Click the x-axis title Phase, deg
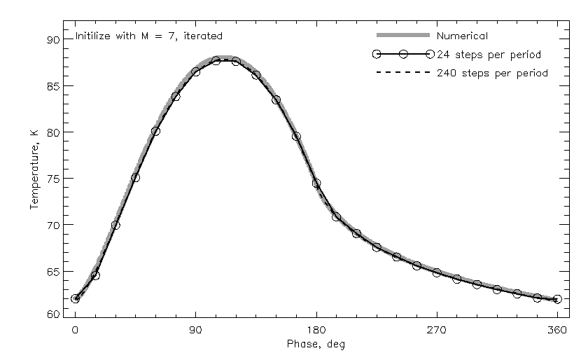[316, 344]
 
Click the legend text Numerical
[462, 35]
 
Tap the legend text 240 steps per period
[491, 73]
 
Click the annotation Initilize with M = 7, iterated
[148, 35]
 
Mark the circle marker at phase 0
[76, 299]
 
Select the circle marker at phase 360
[557, 299]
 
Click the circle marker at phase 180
[316, 184]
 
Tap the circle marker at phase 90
[196, 71]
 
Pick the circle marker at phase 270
[437, 272]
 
